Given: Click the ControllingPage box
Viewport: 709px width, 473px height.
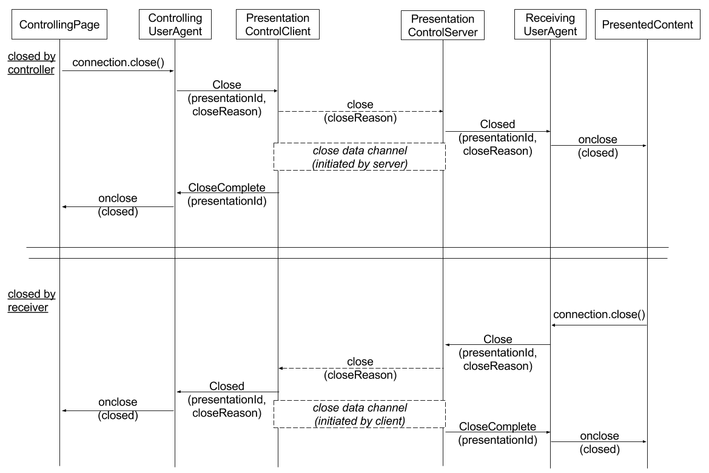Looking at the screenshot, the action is [59, 24].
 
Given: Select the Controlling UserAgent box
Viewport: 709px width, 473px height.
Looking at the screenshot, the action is [175, 24].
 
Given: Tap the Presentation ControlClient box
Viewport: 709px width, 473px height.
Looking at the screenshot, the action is [278, 24].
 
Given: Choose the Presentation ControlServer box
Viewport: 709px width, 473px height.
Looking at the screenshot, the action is [443, 26].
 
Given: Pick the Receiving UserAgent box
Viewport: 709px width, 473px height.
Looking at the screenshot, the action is [550, 24].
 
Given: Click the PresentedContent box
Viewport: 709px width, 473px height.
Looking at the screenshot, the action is [648, 24].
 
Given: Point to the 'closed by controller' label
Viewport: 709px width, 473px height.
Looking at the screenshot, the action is [31, 63].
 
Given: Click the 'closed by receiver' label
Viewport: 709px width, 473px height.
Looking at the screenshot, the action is [31, 301].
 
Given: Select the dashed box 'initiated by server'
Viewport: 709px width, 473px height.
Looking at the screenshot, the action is [360, 157].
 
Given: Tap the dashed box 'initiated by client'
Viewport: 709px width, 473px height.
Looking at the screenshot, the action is [360, 414].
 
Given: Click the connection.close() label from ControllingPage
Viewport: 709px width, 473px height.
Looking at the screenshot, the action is [118, 62].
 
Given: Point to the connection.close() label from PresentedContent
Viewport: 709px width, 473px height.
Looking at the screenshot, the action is [599, 314].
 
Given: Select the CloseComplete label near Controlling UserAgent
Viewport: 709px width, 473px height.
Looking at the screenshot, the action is [227, 188].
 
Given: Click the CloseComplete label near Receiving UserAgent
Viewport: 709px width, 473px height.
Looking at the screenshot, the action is [497, 426].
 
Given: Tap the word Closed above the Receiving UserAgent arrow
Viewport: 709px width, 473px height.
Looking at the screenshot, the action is [497, 124].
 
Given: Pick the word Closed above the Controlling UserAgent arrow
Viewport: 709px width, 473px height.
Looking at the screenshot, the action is [227, 386].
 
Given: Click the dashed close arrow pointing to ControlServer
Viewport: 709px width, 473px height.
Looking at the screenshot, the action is [360, 111].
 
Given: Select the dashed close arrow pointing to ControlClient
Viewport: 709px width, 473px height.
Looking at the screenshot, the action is [361, 368].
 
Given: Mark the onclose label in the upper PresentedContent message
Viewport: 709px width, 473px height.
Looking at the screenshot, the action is [598, 140].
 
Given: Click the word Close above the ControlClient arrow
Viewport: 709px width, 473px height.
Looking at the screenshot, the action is [227, 84].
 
